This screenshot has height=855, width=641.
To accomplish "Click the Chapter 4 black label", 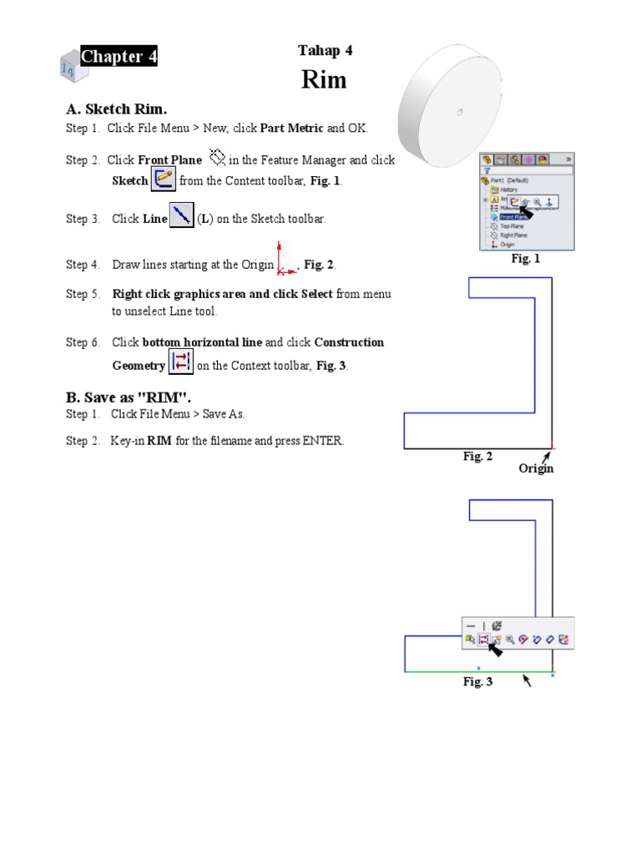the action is coord(119,57).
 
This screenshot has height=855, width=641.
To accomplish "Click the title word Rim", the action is coord(324,80).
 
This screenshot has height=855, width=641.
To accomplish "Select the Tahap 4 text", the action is coord(325,51).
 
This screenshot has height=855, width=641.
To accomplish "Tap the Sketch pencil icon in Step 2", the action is coord(163,179).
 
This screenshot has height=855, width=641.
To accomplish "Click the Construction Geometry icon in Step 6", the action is coord(180,363).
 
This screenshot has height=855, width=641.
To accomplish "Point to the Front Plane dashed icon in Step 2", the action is coord(218,156).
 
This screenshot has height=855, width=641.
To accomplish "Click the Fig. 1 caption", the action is coord(526,259).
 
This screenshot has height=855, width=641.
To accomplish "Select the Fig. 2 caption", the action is coord(478,456).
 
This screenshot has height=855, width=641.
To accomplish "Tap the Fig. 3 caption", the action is coord(478,682).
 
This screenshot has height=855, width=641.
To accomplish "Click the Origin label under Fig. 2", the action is coord(536,468).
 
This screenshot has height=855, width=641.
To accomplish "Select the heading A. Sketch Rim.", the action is coord(117,109).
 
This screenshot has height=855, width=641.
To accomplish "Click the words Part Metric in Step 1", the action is coord(291,129).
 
